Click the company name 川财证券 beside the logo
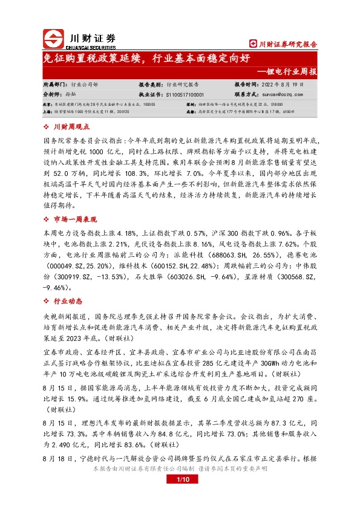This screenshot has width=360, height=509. click(90, 35)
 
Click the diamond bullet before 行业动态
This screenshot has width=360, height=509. click(48, 301)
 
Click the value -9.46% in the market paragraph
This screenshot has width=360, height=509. click(57, 288)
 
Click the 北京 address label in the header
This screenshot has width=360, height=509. click(48, 104)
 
